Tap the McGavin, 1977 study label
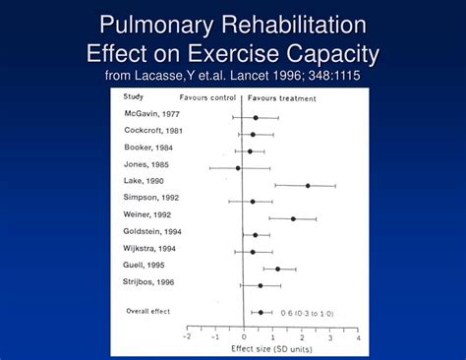pyautogui.click(x=150, y=115)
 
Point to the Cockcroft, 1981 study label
pyautogui.click(x=153, y=132)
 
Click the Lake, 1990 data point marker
pyautogui.click(x=307, y=185)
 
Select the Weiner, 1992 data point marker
pyautogui.click(x=292, y=218)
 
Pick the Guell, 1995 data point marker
pyautogui.click(x=277, y=269)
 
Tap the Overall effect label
pyautogui.click(x=148, y=312)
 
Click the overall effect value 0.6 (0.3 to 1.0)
pyautogui.click(x=307, y=313)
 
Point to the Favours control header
pyautogui.click(x=209, y=98)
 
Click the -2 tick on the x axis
pyautogui.click(x=187, y=336)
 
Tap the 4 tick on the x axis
pyautogui.click(x=358, y=336)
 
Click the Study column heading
pyautogui.click(x=133, y=96)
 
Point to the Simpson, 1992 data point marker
pyautogui.click(x=253, y=202)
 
